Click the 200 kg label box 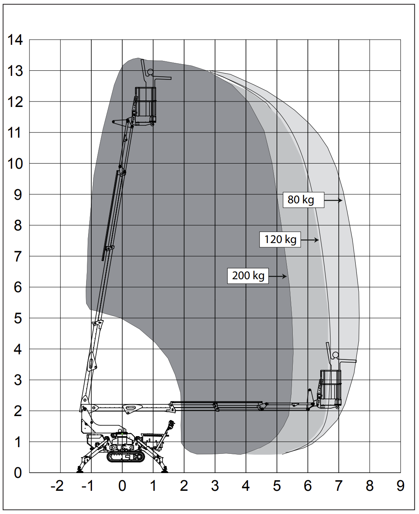248,276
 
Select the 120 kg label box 280,239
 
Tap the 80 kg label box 303,200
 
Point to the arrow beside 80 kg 333,200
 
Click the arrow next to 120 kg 310,240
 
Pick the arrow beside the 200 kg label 278,276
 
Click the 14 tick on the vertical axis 15,40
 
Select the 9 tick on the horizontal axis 400,486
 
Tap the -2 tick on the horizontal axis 57,486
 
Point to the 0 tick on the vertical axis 18,473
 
